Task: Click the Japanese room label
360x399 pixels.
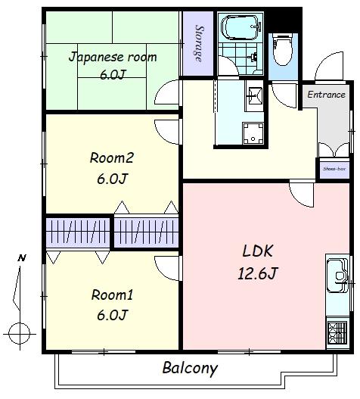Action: point(113,58)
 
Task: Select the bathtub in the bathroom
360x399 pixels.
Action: point(241,27)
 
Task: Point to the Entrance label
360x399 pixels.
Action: point(327,95)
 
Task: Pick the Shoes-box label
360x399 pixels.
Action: point(334,169)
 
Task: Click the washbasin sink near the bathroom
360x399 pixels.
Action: point(254,95)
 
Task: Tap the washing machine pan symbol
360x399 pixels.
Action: point(253,133)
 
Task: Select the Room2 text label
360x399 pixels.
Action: point(111,157)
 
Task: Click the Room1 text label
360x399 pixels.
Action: point(112,295)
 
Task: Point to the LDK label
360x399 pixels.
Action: point(258,251)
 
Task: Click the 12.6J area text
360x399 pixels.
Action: point(258,273)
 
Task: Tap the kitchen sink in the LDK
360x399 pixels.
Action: point(337,276)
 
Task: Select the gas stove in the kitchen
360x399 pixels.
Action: point(337,333)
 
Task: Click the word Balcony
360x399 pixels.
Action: point(190,368)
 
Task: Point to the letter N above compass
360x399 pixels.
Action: point(22,258)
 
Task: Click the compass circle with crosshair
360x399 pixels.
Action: point(19,334)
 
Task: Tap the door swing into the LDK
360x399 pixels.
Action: point(301,194)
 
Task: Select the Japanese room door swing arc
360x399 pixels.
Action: point(166,92)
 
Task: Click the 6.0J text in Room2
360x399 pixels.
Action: point(112,179)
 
